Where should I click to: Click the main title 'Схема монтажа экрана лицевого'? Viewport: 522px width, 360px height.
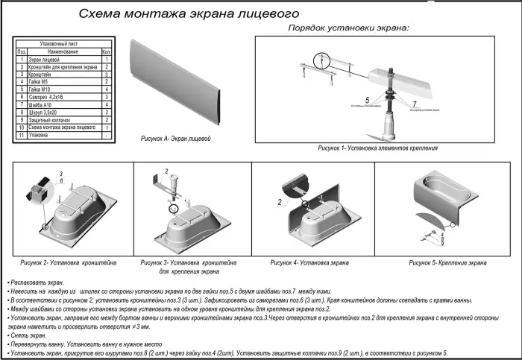tap(189, 14)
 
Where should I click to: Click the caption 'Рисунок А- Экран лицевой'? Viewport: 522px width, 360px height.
tap(182, 139)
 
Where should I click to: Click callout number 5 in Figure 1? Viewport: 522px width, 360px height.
tap(366, 99)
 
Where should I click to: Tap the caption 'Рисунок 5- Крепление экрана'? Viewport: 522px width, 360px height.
tap(448, 263)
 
